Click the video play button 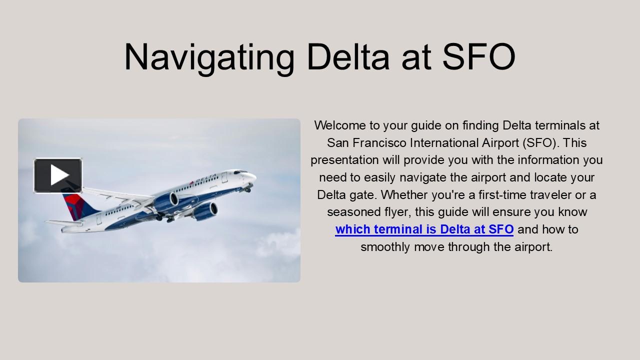(58, 175)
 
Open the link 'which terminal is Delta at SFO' (424, 229)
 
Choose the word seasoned (351, 212)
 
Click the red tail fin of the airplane (73, 205)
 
